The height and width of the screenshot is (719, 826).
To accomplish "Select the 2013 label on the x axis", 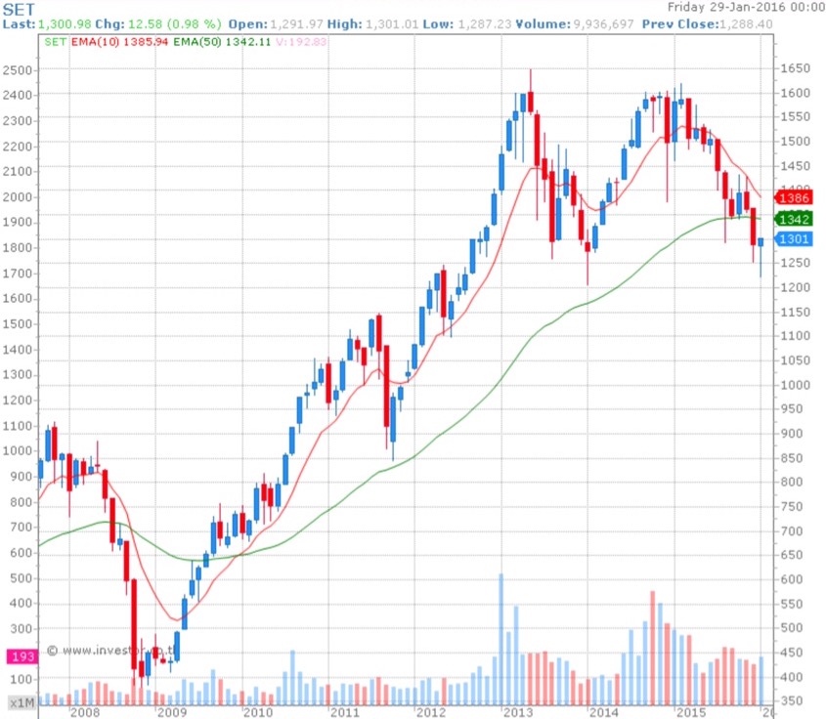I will coord(517,712).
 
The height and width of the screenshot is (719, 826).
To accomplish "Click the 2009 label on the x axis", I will coord(172,712).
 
